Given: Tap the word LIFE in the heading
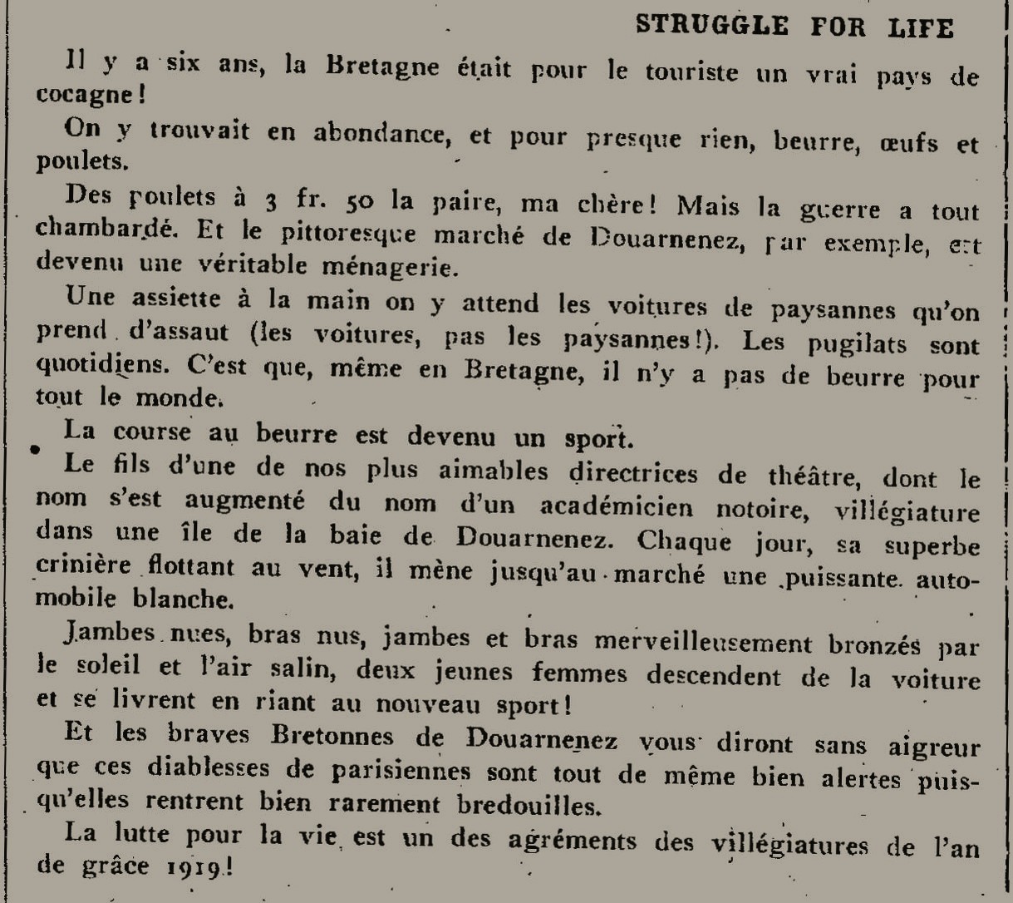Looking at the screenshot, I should pos(919,27).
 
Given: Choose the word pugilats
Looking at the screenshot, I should pos(843,343).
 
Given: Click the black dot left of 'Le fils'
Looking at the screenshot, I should pos(34,450).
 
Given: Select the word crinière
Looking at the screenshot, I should pos(84,565).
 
